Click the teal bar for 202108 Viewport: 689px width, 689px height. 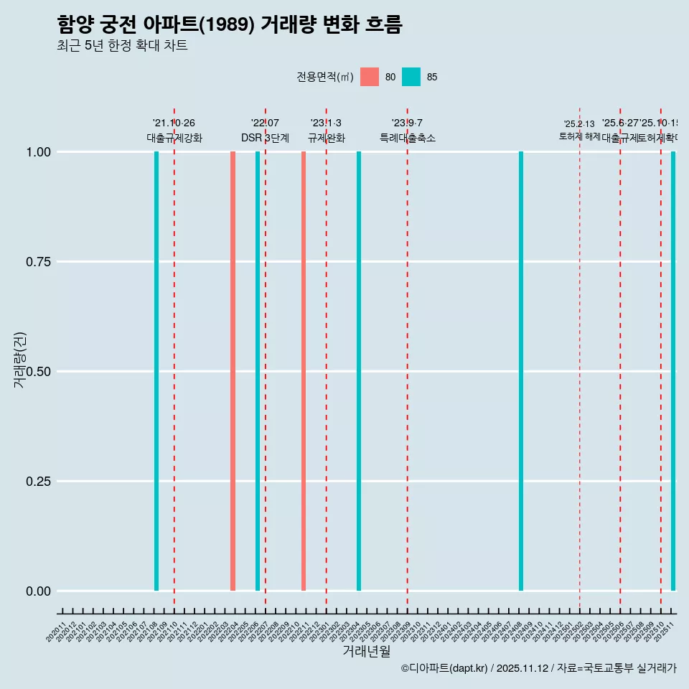(156, 371)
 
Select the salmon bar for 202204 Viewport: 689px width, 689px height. (233, 371)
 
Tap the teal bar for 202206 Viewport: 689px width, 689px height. (258, 371)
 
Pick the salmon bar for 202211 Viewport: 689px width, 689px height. (304, 371)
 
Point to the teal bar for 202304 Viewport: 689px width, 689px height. (359, 371)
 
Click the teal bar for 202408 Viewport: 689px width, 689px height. (521, 371)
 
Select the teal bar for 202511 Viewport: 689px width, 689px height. (673, 371)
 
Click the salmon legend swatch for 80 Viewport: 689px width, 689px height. (370, 77)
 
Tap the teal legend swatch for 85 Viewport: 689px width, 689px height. (411, 77)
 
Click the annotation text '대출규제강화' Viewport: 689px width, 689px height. (174, 138)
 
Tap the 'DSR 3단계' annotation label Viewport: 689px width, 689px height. (265, 138)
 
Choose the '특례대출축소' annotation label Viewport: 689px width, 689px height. (408, 138)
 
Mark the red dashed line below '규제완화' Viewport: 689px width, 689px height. (327, 359)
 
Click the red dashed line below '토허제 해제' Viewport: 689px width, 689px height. (580, 359)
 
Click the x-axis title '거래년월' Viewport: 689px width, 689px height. (366, 651)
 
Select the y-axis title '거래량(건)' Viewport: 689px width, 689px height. (19, 360)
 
